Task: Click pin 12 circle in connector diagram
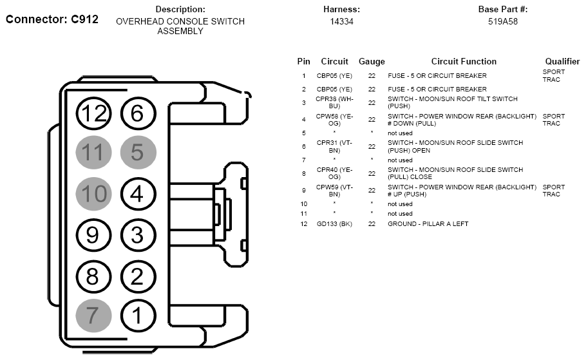[93, 113]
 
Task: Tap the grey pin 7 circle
[93, 316]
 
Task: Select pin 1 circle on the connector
[138, 316]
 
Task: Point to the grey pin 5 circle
[138, 152]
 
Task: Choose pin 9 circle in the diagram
[93, 235]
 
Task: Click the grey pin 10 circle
[93, 194]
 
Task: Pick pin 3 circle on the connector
[138, 235]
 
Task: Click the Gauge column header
[372, 62]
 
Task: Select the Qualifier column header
[562, 61]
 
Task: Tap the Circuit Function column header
[464, 61]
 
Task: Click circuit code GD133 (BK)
[334, 224]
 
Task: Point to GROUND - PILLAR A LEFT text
[428, 224]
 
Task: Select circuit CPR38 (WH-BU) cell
[334, 102]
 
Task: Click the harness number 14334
[341, 22]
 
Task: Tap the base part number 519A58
[503, 22]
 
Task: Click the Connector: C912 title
[52, 19]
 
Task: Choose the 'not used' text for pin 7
[400, 160]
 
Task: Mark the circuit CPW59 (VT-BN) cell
[334, 190]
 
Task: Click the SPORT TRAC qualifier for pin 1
[554, 75]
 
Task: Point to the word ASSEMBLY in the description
[180, 32]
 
